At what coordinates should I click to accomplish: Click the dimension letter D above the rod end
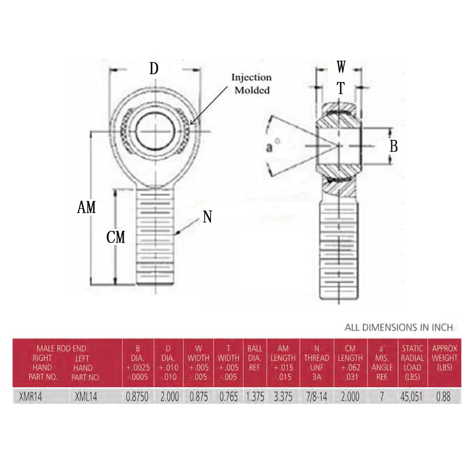[x=154, y=69]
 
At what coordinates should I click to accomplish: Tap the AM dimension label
[x=86, y=207]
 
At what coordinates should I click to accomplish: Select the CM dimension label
[x=116, y=237]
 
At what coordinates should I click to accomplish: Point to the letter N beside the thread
[x=207, y=217]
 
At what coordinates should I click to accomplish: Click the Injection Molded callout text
[x=251, y=83]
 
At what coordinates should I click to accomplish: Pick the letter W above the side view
[x=341, y=67]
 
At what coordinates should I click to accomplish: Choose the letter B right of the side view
[x=393, y=146]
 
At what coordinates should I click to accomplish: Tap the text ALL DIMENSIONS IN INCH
[x=399, y=327]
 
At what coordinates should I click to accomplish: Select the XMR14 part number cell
[x=30, y=397]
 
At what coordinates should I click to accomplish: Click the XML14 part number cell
[x=85, y=397]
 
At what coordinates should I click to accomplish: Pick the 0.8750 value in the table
[x=137, y=397]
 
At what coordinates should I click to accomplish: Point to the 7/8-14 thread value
[x=316, y=397]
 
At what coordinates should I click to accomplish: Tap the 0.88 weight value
[x=443, y=397]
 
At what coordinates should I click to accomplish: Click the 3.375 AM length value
[x=283, y=397]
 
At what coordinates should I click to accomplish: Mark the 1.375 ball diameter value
[x=255, y=397]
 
